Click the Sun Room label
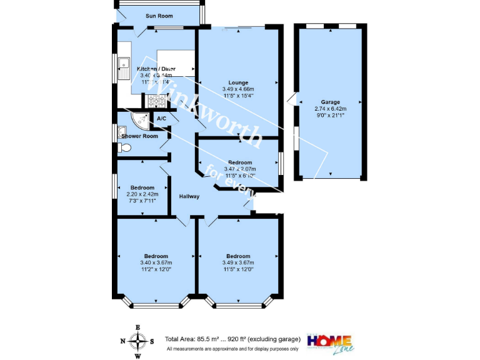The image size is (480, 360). (x=159, y=16)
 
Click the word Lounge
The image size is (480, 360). (x=238, y=82)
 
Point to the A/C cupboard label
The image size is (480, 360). (x=161, y=118)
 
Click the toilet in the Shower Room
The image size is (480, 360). (x=124, y=148)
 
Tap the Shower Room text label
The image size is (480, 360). (x=139, y=136)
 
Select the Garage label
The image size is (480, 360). (x=330, y=102)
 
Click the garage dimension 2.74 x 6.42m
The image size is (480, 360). (x=330, y=108)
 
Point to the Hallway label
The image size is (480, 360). (x=189, y=196)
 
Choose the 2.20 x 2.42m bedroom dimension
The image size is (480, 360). (x=142, y=194)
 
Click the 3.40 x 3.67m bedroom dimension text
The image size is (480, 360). (x=156, y=262)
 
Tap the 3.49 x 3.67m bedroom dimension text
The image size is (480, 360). (x=238, y=262)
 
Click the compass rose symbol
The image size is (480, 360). (x=137, y=341)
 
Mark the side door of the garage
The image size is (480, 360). (x=291, y=99)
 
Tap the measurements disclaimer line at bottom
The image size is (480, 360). (x=232, y=348)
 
